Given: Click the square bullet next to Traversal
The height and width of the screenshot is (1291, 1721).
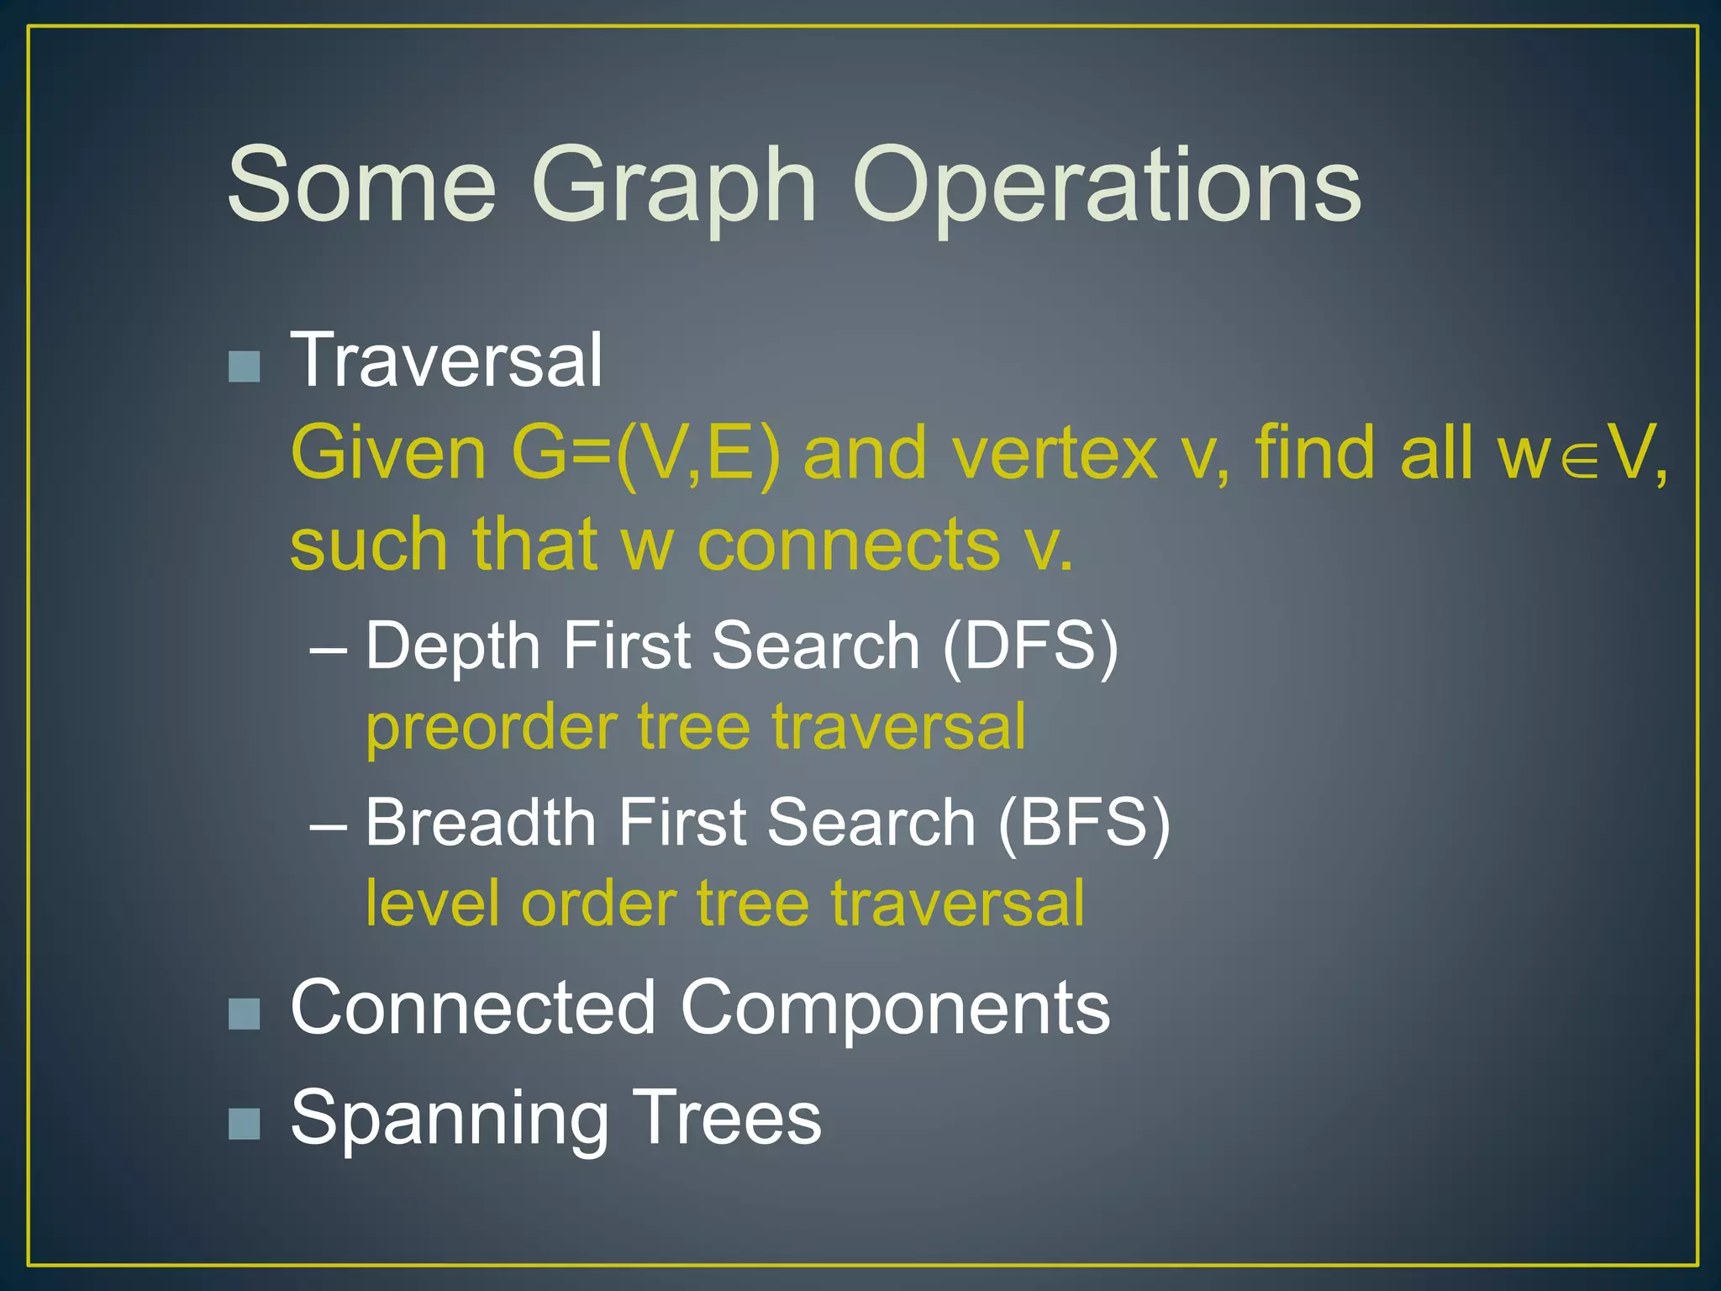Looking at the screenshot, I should click(244, 366).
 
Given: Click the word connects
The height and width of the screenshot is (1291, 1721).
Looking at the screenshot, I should click(849, 545).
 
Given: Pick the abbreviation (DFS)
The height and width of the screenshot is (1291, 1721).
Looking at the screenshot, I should click(1030, 645).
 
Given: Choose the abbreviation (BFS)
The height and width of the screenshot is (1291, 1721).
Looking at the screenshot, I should click(1084, 822).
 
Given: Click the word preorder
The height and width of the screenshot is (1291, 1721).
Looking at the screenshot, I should click(492, 728).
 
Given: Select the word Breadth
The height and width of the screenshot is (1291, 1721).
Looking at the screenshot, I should click(481, 822).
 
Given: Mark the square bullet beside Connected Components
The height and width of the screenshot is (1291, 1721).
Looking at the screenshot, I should click(244, 1014).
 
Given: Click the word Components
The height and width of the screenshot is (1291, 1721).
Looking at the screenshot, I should click(895, 1009).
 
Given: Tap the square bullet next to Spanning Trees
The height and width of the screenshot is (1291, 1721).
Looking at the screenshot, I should click(244, 1123).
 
